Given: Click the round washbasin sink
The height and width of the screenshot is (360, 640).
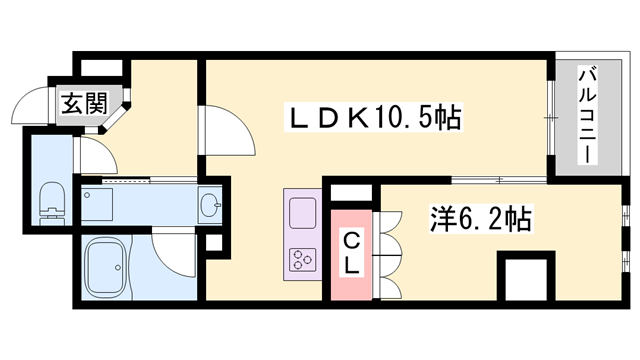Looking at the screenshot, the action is pos(210,206).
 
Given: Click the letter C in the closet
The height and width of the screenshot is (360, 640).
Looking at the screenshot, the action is pos(352,240).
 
